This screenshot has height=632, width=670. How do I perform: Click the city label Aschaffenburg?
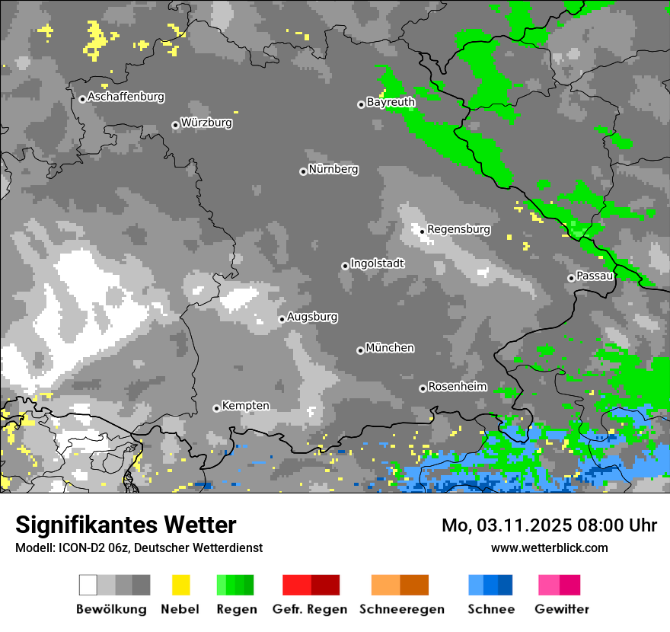click(126, 97)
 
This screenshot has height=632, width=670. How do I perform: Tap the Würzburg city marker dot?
click(175, 125)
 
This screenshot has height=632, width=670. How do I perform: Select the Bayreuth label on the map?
click(391, 102)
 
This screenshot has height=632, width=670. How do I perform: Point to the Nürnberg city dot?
click(303, 171)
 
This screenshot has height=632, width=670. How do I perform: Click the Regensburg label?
click(458, 229)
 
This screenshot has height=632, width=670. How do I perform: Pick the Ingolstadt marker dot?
click(345, 266)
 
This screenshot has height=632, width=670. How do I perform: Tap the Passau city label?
click(595, 276)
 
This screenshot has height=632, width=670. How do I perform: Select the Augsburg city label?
click(312, 317)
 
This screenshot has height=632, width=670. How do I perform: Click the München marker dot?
click(360, 350)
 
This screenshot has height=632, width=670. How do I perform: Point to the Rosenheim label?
click(457, 387)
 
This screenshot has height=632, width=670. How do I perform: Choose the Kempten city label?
click(245, 406)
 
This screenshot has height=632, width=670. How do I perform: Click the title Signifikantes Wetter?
click(126, 525)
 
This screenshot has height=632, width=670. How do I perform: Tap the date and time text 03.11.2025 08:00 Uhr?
click(549, 525)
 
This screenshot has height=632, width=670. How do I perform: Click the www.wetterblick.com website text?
click(549, 547)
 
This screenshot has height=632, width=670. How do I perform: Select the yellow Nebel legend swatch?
click(180, 585)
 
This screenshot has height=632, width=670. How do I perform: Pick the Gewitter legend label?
click(562, 609)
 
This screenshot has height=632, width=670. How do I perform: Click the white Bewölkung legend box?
click(88, 585)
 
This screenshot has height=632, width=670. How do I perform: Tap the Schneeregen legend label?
click(402, 609)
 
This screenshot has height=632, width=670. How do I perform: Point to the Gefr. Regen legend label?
click(310, 609)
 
